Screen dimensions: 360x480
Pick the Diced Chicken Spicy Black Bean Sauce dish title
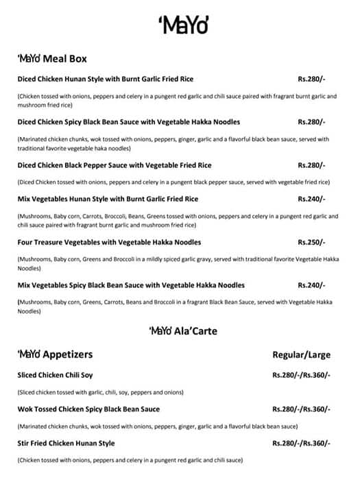point(128,122)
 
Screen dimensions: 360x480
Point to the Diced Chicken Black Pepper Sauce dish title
point(115,165)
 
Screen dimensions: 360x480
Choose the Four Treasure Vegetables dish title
point(109,242)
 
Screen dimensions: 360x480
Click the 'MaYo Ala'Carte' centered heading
point(183,331)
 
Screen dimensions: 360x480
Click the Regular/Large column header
point(301,355)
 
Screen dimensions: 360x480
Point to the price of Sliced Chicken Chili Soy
point(301,375)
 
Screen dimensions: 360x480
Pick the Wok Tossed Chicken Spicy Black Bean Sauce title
point(88,409)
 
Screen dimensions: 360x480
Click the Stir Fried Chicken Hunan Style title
point(66,444)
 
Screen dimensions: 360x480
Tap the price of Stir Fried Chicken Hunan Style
point(301,444)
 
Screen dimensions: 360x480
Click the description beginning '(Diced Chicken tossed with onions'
point(173,182)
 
